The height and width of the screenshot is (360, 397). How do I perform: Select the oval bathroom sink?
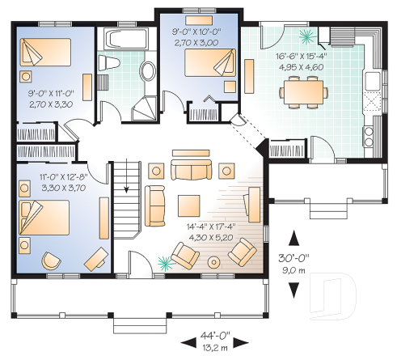click(x=150, y=70)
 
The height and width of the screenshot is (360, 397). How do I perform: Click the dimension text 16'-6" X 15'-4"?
click(x=303, y=57)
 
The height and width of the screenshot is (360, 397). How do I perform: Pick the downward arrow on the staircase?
click(x=126, y=184)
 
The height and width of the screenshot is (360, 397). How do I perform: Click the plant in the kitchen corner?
click(x=308, y=36)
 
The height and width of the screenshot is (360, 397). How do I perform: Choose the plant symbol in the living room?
click(x=167, y=260)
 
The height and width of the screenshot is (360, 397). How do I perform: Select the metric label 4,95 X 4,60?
click(x=303, y=68)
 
